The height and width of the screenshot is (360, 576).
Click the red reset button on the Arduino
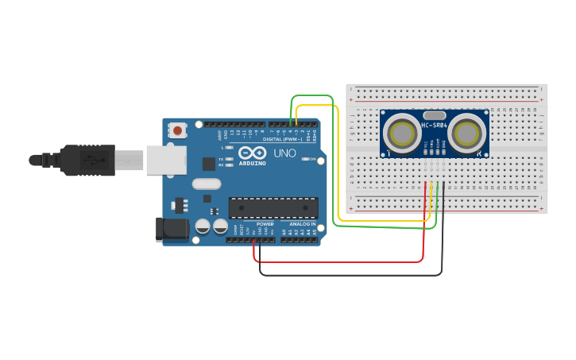pyautogui.click(x=178, y=130)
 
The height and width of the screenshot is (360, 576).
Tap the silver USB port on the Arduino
pyautogui.click(x=165, y=160)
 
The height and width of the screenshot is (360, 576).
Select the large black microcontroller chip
pyautogui.click(x=273, y=207)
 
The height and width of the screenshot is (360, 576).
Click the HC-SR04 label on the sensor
pyautogui.click(x=434, y=126)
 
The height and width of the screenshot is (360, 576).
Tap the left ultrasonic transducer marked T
pyautogui.click(x=403, y=133)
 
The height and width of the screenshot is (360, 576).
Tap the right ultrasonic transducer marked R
pyautogui.click(x=466, y=133)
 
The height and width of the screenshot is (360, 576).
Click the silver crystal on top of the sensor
pyautogui.click(x=434, y=116)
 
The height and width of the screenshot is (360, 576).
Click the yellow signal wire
pyautogui.click(x=339, y=159)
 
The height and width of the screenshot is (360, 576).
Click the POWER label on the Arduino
pyautogui.click(x=265, y=224)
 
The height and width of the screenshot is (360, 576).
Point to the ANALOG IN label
pyautogui.click(x=302, y=224)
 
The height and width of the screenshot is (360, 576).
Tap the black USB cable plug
pyautogui.click(x=87, y=160)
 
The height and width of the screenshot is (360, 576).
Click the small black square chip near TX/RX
pyautogui.click(x=209, y=164)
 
